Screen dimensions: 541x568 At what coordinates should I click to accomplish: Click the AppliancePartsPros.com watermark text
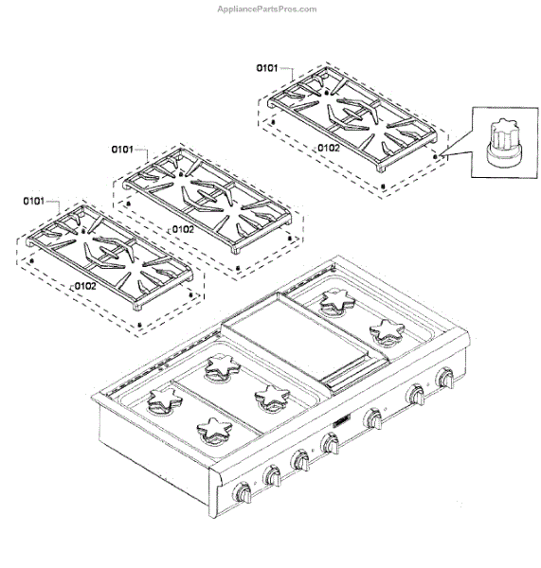click(267, 9)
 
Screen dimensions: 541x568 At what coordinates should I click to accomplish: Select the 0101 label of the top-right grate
click(267, 68)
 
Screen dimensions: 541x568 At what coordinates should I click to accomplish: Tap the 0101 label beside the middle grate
click(122, 150)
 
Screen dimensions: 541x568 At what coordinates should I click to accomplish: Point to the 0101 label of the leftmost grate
click(34, 201)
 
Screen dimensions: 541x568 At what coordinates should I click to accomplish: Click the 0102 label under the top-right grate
click(329, 148)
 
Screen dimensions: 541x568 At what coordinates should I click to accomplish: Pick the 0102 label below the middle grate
click(183, 229)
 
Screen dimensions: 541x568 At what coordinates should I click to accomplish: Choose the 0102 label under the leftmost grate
click(85, 286)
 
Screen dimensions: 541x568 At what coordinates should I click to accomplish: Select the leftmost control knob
click(243, 492)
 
